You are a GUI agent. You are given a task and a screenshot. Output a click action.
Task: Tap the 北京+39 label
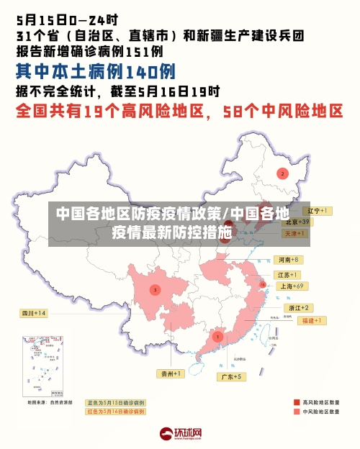(x=295, y=222)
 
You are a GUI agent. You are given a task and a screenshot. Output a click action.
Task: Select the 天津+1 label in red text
(x=295, y=234)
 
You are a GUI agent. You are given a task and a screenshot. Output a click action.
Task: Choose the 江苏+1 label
(x=287, y=275)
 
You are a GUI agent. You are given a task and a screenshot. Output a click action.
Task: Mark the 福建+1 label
(x=310, y=320)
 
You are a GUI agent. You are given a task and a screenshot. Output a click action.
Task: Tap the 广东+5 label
(x=231, y=376)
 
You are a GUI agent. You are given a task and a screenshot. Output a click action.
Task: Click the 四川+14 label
(x=33, y=313)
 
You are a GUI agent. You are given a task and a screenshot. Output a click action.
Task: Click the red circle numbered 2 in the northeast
(x=282, y=173)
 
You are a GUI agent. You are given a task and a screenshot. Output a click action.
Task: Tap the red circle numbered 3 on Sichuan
(x=154, y=289)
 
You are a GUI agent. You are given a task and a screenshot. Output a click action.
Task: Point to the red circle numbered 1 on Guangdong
(x=217, y=336)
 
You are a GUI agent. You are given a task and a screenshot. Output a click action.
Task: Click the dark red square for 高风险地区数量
(x=297, y=402)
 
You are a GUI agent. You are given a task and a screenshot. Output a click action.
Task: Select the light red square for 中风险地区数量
(x=297, y=412)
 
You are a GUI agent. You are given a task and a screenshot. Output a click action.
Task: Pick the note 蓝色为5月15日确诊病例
(x=115, y=402)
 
